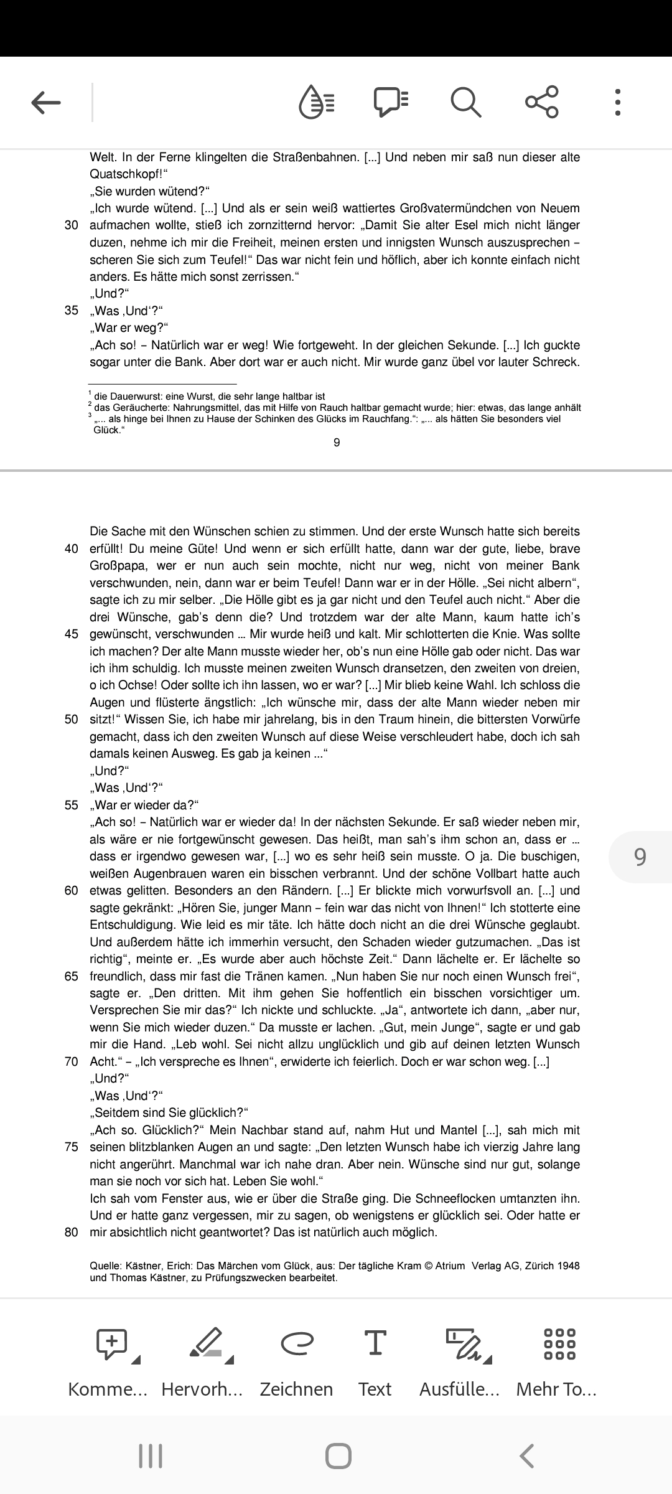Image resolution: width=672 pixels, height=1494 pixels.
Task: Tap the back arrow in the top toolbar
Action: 46,102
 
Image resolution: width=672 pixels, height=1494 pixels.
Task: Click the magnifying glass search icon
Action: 465,102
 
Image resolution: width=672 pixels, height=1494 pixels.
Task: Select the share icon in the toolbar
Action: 541,102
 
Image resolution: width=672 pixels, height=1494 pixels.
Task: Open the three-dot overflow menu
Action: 617,102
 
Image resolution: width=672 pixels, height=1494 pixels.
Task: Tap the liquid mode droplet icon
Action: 317,102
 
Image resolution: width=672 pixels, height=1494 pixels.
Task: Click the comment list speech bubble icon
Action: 391,102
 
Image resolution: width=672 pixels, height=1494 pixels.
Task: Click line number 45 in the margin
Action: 72,634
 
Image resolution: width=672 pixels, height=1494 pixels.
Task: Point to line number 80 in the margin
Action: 72,1232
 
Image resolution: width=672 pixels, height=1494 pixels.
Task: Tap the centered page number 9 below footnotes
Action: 337,443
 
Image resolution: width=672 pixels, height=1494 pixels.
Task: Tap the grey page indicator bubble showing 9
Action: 640,857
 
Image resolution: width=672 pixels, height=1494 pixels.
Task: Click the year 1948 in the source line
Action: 568,1266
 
